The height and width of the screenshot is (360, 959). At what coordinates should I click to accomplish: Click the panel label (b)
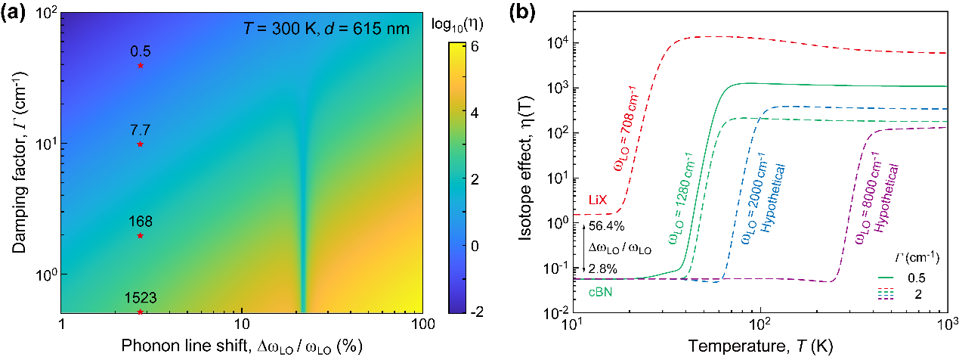point(505,11)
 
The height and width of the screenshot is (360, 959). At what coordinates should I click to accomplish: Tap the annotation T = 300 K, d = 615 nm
point(326,29)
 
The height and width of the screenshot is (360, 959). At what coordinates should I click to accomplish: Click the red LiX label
point(599,200)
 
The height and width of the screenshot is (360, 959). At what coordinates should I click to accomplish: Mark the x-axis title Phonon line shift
point(241,346)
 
